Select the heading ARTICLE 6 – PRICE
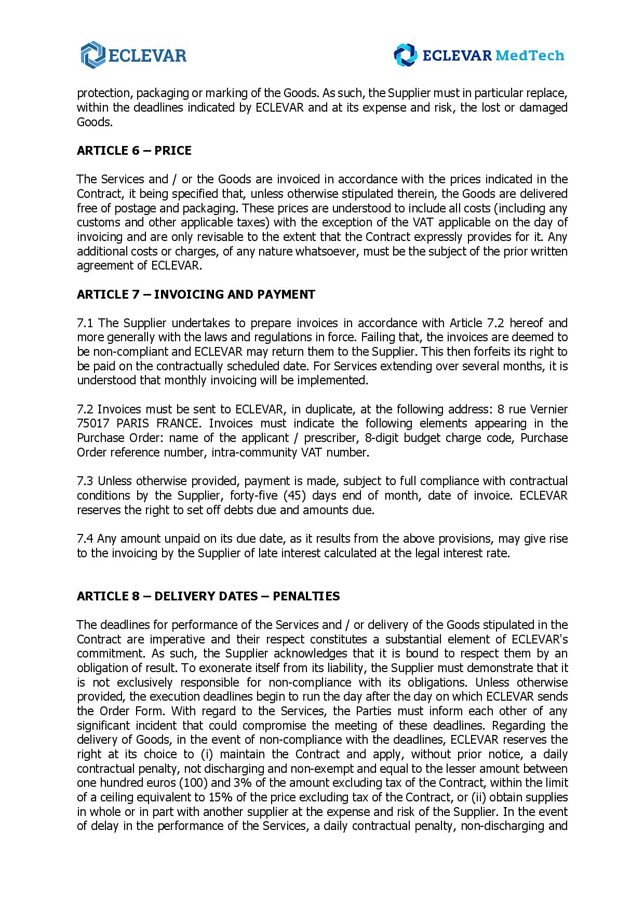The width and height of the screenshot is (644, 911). coord(134,151)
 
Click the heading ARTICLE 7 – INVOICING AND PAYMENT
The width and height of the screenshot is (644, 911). coord(196,294)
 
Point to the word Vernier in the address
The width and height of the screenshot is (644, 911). coord(548,409)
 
